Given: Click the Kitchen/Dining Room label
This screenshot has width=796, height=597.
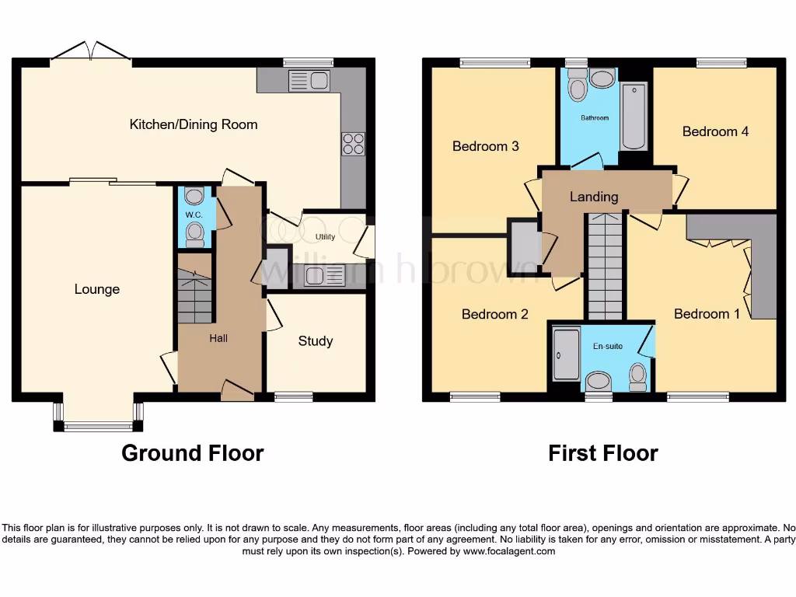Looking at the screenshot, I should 193,124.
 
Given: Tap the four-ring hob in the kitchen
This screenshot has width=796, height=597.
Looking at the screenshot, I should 352,145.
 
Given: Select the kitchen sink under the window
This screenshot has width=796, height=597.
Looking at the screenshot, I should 309,80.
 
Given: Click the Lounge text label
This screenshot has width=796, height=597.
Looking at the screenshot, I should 97,289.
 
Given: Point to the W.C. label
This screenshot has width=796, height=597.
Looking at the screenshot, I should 193,215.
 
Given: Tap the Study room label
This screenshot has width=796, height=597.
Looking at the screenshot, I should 316,340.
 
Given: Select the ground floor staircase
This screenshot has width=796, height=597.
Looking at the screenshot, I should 194,295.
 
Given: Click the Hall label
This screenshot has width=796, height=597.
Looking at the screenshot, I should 218,338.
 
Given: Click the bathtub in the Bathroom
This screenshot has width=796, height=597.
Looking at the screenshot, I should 634,117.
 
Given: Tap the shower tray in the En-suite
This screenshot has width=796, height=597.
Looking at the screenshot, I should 566,354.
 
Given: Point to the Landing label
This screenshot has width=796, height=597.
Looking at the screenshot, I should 594,197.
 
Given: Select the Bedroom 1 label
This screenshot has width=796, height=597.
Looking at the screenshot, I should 702,314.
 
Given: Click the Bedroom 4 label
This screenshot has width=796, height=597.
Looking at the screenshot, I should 715,131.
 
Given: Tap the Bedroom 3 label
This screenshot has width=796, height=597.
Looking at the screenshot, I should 486,146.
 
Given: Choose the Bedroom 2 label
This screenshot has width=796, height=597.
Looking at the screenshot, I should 495,314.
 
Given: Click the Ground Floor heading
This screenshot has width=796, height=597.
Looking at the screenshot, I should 192,453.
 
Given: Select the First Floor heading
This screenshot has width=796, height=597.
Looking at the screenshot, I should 602,453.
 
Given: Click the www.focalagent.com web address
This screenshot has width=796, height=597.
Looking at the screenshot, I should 509,551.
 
